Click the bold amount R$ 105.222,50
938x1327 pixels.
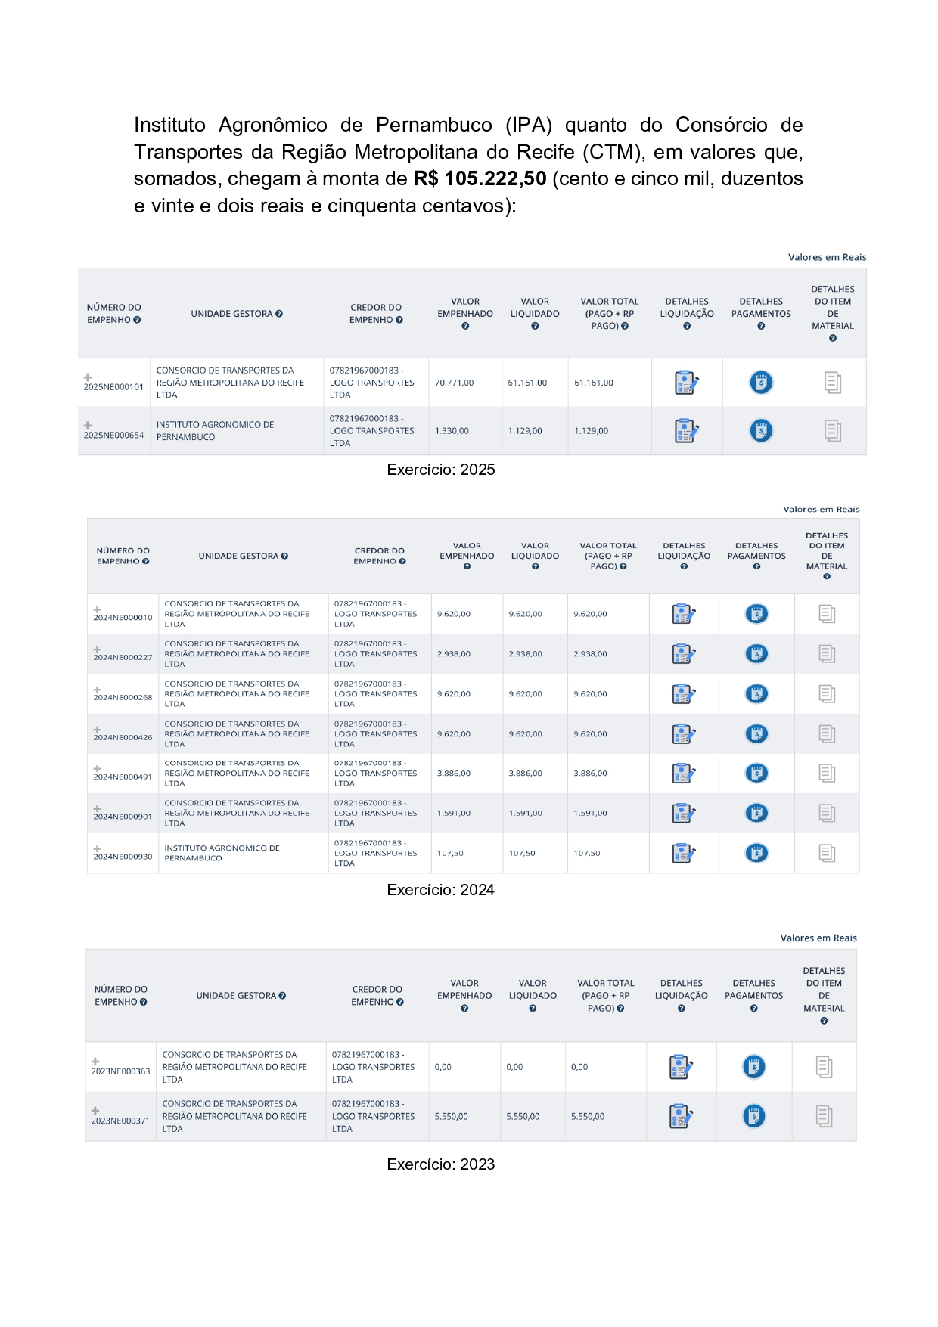tap(480, 179)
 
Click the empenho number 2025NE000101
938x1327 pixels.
tap(113, 387)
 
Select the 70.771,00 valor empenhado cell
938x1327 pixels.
tap(454, 383)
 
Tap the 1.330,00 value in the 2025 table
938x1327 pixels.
tap(452, 431)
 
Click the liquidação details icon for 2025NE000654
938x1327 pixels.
tap(685, 431)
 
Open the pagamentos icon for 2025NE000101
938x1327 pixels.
tap(761, 383)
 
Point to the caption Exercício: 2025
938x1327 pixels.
tap(440, 470)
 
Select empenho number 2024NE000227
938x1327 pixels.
tap(123, 658)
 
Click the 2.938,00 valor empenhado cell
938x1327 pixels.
tap(454, 654)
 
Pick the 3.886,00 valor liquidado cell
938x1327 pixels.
tap(525, 774)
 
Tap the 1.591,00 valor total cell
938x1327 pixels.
tap(590, 814)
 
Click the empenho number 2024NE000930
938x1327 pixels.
tap(123, 857)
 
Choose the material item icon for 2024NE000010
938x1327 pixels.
tap(827, 614)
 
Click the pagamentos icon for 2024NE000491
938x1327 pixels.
tap(756, 774)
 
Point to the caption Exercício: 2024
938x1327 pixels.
tap(440, 890)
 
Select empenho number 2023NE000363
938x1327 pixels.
tap(121, 1071)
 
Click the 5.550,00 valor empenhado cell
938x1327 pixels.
tap(451, 1117)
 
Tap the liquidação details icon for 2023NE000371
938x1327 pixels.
tap(681, 1117)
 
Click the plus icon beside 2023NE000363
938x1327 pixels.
tap(95, 1062)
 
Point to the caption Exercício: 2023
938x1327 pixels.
tap(440, 1164)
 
